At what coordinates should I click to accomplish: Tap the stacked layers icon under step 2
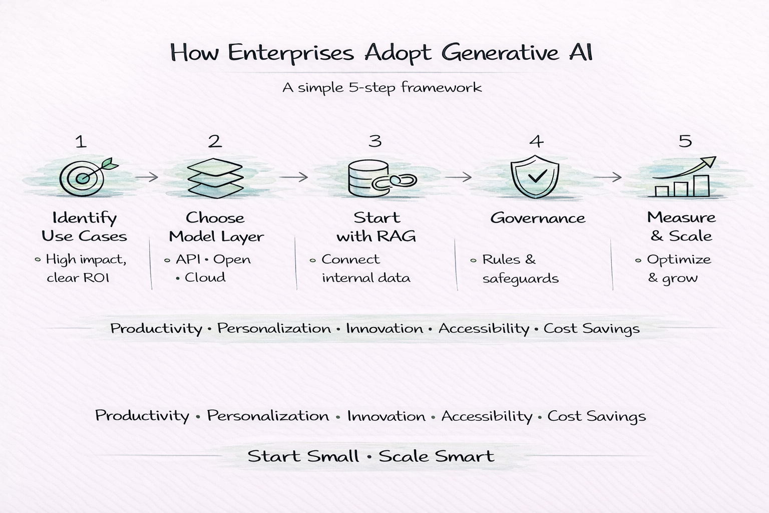(215, 178)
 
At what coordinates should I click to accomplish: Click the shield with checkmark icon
(535, 177)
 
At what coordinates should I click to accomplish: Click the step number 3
(375, 141)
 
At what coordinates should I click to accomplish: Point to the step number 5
(685, 141)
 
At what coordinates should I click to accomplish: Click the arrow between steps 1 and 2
(147, 177)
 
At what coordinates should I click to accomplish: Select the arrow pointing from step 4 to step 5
(607, 177)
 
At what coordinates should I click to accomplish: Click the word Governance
(537, 218)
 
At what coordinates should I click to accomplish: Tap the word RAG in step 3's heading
(398, 236)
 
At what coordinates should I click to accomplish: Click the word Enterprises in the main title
(290, 53)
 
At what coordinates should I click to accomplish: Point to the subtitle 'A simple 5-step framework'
(381, 88)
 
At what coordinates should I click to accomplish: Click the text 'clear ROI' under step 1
(78, 278)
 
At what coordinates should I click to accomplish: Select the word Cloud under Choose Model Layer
(205, 278)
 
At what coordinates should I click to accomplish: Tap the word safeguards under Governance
(520, 279)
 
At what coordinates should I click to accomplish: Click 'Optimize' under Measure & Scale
(678, 260)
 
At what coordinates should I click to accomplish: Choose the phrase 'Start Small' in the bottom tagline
(303, 456)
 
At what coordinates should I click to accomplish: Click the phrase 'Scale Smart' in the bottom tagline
(436, 456)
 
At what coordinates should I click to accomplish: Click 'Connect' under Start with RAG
(350, 260)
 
